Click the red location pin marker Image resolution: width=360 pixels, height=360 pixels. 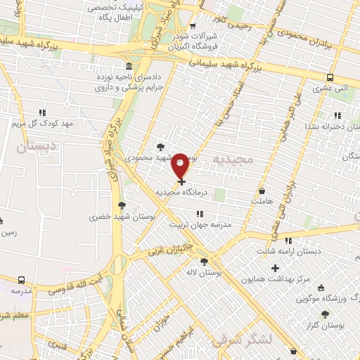point(181,165)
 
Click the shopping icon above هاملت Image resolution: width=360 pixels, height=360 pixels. point(262,191)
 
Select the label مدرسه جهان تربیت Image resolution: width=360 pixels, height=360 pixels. point(200,224)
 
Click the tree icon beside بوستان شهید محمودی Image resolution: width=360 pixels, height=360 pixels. point(161,147)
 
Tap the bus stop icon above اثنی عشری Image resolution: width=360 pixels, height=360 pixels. point(330,78)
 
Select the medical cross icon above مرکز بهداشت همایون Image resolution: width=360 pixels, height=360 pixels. point(275,268)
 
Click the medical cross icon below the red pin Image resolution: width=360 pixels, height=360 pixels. point(182,181)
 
